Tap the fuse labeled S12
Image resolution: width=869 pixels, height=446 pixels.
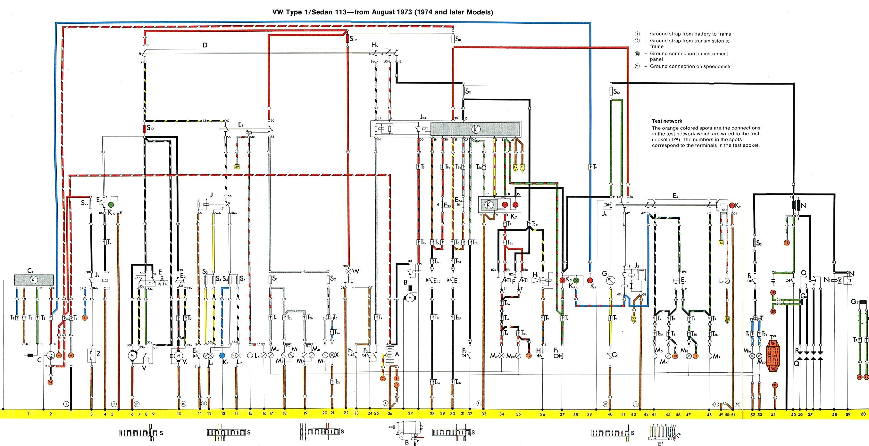click(611, 91)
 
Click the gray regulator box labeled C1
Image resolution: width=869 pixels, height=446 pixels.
click(34, 279)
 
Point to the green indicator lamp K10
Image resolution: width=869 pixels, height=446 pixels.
click(111, 205)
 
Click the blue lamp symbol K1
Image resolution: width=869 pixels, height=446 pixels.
click(222, 365)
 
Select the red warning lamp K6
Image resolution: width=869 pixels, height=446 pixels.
click(732, 205)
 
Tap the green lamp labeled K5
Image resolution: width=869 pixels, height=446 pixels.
click(576, 280)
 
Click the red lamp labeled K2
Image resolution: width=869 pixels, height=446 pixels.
click(590, 280)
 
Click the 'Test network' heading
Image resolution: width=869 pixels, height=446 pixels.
click(667, 121)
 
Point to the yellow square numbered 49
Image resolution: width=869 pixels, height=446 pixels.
click(237, 167)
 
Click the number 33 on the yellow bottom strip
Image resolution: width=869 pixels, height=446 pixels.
click(484, 414)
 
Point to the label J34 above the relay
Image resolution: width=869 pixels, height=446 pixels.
click(423, 118)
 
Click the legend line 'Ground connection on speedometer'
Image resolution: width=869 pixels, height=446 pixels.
click(691, 66)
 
